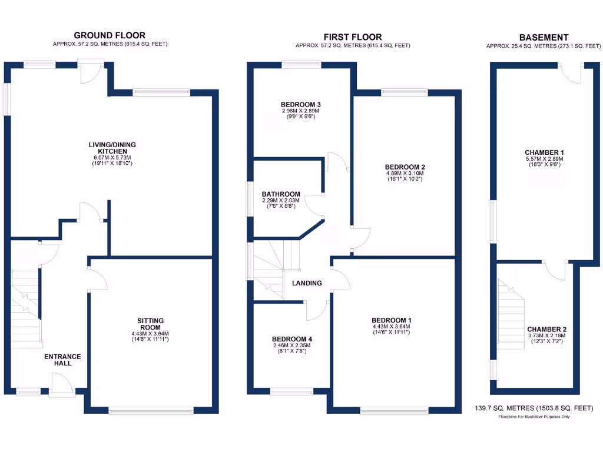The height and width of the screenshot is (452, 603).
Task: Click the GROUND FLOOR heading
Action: point(109,35)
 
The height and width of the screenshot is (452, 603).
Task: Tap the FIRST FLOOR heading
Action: point(353,37)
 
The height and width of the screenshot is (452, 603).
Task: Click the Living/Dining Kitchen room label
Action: point(108,148)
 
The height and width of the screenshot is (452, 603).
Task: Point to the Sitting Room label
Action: point(150,324)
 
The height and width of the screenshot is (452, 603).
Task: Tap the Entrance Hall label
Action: point(62,360)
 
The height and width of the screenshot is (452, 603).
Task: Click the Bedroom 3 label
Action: point(300,105)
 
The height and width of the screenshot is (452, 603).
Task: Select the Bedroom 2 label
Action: point(403,167)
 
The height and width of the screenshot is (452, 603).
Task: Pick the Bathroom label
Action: point(281,194)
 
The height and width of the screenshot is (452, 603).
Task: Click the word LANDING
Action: point(307,283)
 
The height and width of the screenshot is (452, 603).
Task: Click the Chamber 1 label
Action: point(544,152)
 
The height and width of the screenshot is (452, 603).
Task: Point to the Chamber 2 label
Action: point(547,330)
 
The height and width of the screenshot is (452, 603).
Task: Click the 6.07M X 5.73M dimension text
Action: point(108,158)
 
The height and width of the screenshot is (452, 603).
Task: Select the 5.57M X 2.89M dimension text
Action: point(544,159)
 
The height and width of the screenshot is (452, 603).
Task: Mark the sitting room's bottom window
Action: point(151,410)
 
